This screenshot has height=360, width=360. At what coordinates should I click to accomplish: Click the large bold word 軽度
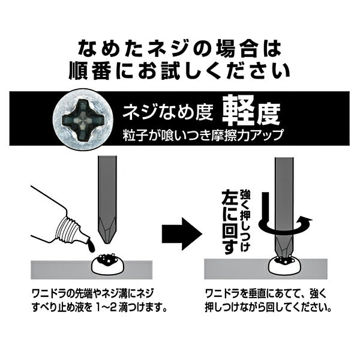click(251, 111)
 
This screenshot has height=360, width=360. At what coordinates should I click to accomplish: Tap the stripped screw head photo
click(83, 119)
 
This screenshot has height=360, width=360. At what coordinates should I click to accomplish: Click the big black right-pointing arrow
click(182, 234)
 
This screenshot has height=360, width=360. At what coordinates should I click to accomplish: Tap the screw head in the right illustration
click(284, 265)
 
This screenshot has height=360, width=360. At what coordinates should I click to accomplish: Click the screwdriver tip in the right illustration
click(284, 247)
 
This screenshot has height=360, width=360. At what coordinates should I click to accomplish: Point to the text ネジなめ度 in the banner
click(168, 113)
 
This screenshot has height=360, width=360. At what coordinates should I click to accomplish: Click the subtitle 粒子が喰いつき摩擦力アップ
click(203, 135)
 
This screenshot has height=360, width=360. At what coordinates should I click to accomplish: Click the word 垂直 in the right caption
click(259, 295)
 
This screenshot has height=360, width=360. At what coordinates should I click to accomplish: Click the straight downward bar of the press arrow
click(266, 206)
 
